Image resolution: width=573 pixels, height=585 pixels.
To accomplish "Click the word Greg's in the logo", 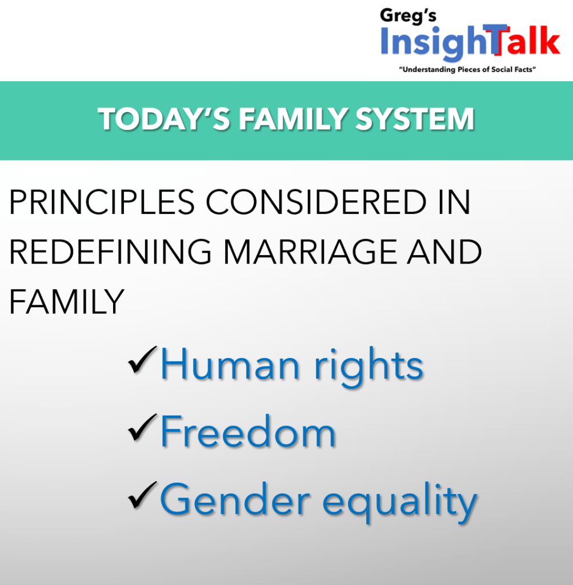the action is (408, 17).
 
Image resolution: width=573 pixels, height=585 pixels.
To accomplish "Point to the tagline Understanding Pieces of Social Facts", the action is (467, 69).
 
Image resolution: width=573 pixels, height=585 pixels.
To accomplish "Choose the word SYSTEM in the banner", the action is (414, 119).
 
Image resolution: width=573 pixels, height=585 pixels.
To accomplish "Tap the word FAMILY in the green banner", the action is (292, 119).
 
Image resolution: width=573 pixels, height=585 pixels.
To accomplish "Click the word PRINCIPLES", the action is (102, 202).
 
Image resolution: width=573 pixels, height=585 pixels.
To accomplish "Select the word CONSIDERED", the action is (316, 202).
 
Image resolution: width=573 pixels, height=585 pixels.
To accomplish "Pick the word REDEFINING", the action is (110, 252).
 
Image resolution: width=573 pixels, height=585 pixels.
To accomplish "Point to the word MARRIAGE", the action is (310, 252).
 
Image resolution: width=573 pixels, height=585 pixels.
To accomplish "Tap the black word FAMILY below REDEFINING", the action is (67, 301).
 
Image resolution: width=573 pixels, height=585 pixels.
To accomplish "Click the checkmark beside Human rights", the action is (142, 360).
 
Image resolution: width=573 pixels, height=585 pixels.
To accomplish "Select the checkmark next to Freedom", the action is (142, 428).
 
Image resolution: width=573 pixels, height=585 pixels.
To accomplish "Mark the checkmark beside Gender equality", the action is (142, 495).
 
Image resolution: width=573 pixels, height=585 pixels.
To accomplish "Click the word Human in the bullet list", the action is (230, 364).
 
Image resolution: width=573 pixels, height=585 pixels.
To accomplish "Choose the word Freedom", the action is (248, 431).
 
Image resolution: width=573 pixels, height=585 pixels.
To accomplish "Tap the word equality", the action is (399, 502).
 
